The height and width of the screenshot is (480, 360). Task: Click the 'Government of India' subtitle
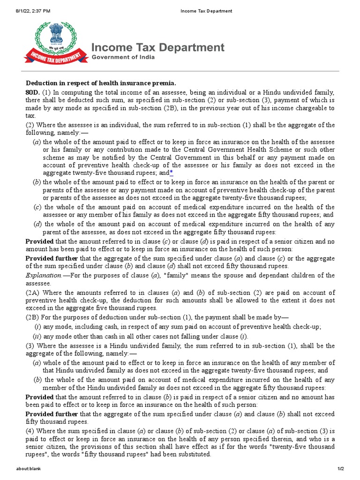point(123,57)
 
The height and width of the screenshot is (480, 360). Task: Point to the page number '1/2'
point(341,469)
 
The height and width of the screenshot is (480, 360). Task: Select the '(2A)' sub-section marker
point(34,292)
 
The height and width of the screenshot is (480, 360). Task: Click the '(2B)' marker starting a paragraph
point(34,317)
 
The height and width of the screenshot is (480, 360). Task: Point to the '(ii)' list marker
point(36,336)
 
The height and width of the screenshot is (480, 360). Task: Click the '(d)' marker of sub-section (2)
point(37,224)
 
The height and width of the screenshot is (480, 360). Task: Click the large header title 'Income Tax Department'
point(157,47)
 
